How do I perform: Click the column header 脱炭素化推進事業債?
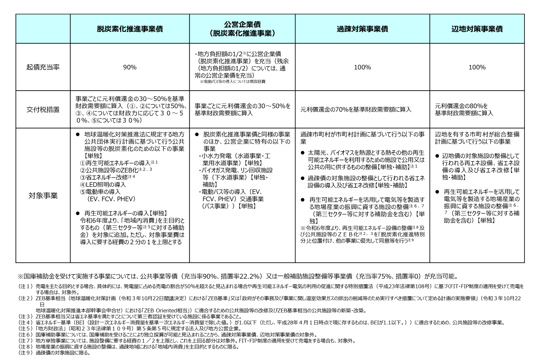pos(130,29)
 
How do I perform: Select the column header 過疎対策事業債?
pos(362,29)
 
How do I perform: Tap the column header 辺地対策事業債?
pos(477,29)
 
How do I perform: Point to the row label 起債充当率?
pos(43,67)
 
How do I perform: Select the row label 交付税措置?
pos(43,110)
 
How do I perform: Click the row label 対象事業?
pos(43,196)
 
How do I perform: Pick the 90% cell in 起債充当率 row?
pos(130,67)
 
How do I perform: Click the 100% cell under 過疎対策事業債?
pos(362,67)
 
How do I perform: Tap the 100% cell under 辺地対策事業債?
pos(477,67)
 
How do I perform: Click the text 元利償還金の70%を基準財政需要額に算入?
pos(356,110)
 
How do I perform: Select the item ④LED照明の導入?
pos(103,184)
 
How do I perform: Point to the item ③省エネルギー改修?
pos(103,177)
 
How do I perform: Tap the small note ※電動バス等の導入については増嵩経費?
pos(232,82)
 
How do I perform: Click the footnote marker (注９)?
pos(26,353)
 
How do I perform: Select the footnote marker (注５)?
pos(26,328)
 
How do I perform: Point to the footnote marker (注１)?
pos(26,287)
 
